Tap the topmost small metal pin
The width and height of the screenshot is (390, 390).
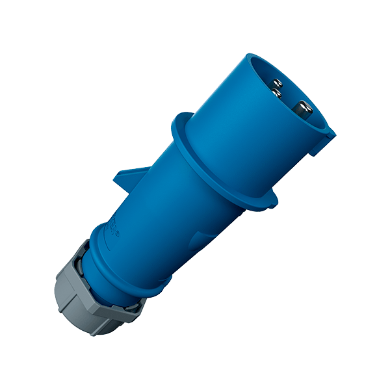tap(277, 82)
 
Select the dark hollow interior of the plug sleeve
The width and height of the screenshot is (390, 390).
tap(289, 97)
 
